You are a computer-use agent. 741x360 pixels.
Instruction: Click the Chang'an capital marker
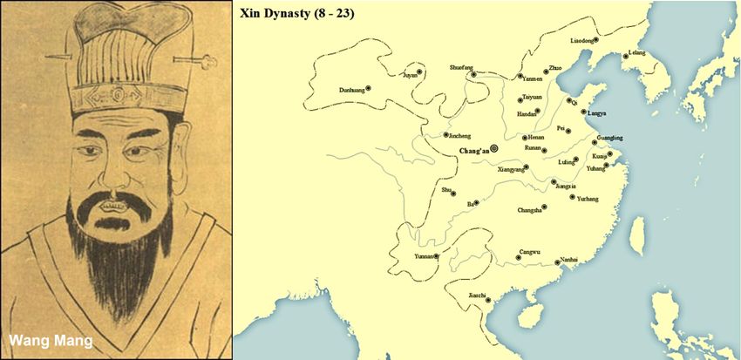pyautogui.click(x=495, y=149)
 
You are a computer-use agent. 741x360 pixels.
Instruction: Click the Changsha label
pyautogui.click(x=529, y=209)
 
